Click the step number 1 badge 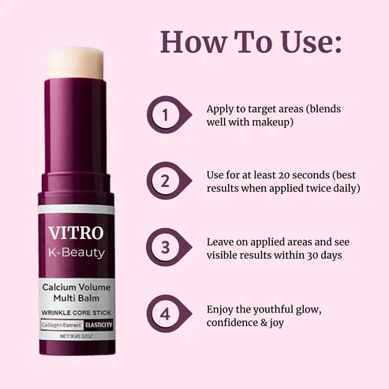pos(165,116)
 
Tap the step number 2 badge pos(165,181)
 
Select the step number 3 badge pos(165,247)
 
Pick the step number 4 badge pos(165,314)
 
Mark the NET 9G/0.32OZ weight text pos(77,336)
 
